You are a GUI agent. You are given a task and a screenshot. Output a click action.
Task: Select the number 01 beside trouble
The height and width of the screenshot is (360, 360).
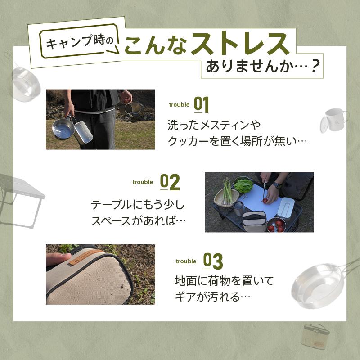[x=202, y=104]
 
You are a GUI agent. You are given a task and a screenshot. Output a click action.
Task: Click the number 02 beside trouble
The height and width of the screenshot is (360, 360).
[x=170, y=182]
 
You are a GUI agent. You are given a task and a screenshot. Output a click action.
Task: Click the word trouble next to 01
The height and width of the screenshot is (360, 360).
[x=179, y=105]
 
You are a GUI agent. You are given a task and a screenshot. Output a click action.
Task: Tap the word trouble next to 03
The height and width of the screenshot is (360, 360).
[x=186, y=261]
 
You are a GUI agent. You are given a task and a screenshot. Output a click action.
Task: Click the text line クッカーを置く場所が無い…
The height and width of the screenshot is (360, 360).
[x=237, y=141]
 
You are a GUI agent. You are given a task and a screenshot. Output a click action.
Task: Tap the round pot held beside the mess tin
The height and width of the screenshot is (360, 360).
[x=62, y=129]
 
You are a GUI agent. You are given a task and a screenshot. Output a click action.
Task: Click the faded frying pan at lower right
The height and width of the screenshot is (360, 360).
[x=318, y=284]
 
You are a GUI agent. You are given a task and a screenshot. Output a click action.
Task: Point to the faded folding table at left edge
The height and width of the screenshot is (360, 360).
[x=18, y=193]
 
